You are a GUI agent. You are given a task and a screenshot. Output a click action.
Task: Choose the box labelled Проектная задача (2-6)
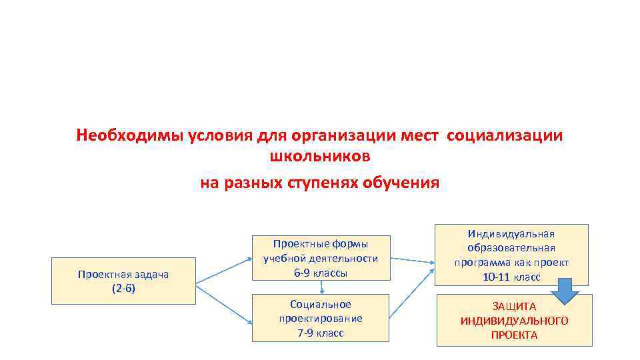tap(124, 281)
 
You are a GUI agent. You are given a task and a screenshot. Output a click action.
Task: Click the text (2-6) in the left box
tap(124, 289)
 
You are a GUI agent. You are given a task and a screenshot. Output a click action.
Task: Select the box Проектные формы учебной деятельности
tap(321, 257)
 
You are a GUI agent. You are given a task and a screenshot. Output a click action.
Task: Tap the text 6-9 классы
tap(321, 273)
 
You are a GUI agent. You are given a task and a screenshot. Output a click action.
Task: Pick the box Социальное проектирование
tap(321, 317)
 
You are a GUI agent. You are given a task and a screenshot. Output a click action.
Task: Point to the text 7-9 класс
tap(321, 333)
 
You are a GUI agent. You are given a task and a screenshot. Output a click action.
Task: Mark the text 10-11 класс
tap(512, 277)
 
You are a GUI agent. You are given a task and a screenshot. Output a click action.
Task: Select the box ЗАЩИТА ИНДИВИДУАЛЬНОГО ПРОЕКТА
tap(514, 320)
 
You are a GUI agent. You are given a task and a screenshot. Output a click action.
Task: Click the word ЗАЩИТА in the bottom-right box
tap(514, 305)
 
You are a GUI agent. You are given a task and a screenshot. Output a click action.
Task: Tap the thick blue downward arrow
tap(565, 291)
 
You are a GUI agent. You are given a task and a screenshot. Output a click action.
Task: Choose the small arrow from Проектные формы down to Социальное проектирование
tap(322, 287)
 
